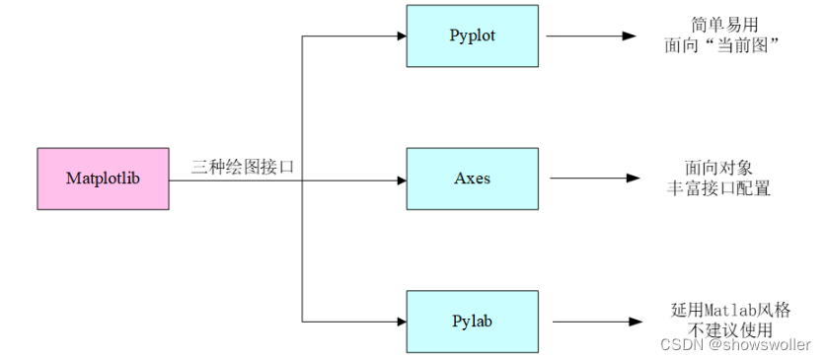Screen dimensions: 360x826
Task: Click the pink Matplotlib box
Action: (103, 179)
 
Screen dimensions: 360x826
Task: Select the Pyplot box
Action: (472, 36)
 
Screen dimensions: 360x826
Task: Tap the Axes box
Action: (472, 179)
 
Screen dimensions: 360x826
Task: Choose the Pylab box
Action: (472, 322)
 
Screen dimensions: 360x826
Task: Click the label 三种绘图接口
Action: (243, 168)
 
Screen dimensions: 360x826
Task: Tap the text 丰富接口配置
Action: (716, 187)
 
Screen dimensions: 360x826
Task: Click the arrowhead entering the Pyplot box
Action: (401, 36)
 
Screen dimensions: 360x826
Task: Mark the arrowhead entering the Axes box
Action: (401, 179)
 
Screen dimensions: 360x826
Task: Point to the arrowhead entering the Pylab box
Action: (401, 322)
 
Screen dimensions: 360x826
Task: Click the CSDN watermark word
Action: (679, 345)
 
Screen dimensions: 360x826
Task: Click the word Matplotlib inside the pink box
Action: (103, 179)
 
